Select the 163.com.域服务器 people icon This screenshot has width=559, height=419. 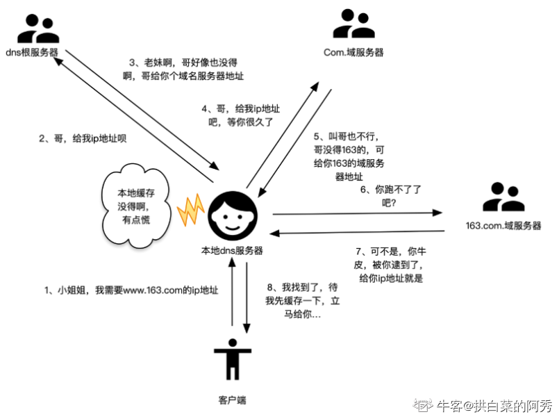tap(503, 197)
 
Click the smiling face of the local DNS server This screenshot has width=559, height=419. tap(231, 213)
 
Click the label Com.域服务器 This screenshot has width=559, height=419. tap(353, 52)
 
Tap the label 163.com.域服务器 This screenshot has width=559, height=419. tap(503, 226)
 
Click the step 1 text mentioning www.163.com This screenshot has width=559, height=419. tap(131, 290)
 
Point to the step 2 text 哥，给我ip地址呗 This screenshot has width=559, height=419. tap(83, 138)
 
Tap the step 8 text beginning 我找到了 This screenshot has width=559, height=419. tap(299, 300)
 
